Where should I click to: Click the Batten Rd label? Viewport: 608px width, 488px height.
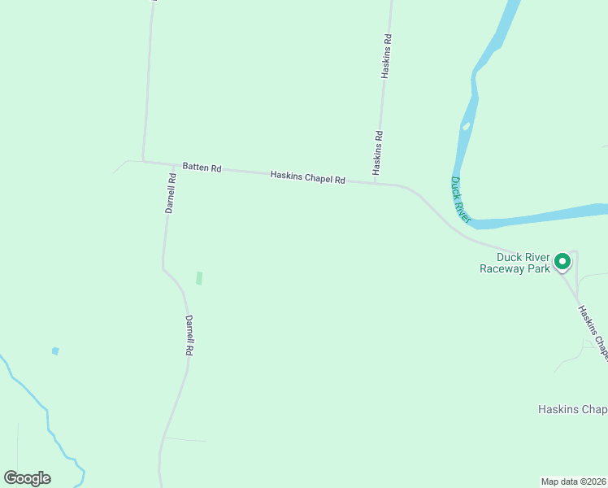click(202, 167)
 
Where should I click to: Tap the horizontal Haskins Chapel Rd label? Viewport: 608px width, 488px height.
click(308, 177)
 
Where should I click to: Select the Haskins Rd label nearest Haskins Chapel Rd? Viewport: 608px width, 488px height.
click(378, 152)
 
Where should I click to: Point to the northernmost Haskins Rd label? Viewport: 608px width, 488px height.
click(387, 56)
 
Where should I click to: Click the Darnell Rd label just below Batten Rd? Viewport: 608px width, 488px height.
click(171, 194)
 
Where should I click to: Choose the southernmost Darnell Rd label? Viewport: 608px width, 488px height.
click(189, 335)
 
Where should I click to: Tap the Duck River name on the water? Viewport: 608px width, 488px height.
click(461, 200)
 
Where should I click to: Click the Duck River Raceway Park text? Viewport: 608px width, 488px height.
click(515, 262)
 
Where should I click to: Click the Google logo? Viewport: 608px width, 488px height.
click(27, 478)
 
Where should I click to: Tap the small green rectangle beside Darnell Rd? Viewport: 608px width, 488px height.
click(199, 278)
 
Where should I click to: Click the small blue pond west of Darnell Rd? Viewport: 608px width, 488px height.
click(55, 351)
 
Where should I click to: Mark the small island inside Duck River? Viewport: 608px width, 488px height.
click(466, 126)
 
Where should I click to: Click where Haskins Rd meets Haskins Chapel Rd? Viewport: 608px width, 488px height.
click(376, 183)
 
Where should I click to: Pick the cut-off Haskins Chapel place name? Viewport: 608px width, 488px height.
click(572, 409)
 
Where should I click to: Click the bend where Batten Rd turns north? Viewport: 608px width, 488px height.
click(144, 160)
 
